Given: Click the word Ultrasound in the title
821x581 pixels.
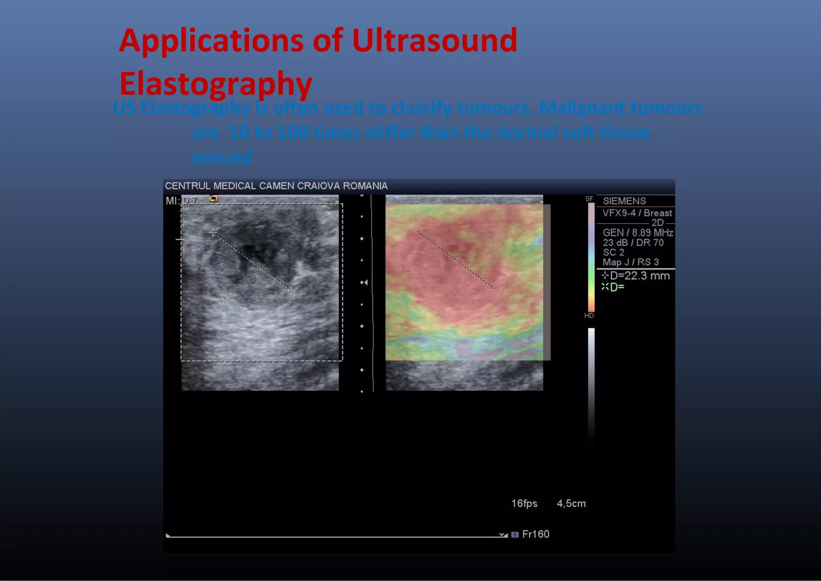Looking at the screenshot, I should [435, 40].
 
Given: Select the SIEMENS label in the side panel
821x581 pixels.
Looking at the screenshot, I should [624, 201].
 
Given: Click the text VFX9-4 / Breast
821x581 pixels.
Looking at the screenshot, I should [637, 213].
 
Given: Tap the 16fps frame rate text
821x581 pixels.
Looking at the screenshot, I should [524, 503].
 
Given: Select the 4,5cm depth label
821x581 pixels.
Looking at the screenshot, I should [571, 503].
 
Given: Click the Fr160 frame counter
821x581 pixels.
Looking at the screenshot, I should [535, 534].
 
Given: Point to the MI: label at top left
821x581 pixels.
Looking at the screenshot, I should [173, 201].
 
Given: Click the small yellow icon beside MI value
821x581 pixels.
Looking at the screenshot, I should [214, 198].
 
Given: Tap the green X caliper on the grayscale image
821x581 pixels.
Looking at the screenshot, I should [225, 301].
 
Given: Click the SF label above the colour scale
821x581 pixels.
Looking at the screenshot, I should [589, 199].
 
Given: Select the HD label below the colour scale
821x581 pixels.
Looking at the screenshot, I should [589, 316].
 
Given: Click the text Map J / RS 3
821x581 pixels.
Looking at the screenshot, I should [631, 262].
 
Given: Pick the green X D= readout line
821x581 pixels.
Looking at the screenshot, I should [613, 287].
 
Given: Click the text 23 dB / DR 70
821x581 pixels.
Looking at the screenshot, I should [633, 242].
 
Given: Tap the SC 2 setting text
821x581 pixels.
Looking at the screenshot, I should [613, 252].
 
